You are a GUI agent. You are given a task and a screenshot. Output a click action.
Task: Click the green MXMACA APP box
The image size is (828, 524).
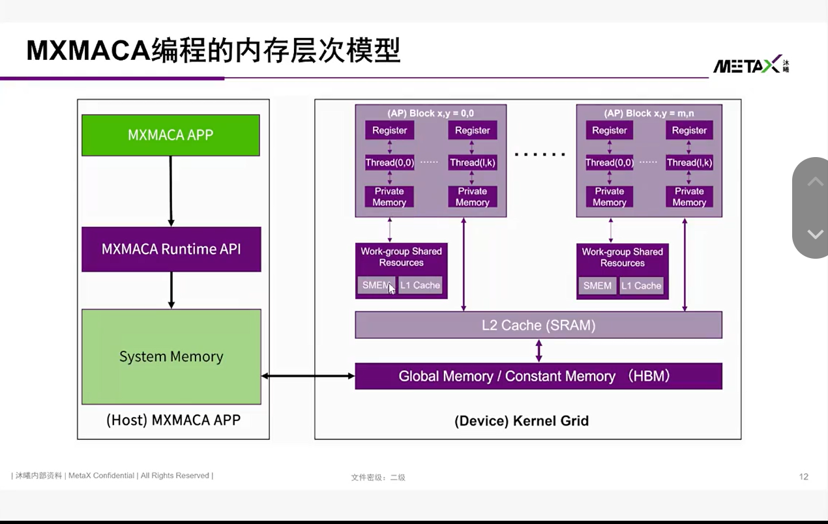click(x=171, y=136)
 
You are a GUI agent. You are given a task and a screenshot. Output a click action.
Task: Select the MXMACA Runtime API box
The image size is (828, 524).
click(x=171, y=250)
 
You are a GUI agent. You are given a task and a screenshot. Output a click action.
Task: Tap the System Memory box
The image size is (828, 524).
click(x=171, y=357)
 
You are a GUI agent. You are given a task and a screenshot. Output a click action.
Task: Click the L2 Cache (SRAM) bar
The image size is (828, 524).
click(x=539, y=325)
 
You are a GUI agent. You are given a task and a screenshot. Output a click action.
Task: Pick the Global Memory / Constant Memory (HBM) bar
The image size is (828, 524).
click(x=539, y=376)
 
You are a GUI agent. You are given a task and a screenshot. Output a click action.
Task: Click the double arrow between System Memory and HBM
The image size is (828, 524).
click(x=308, y=376)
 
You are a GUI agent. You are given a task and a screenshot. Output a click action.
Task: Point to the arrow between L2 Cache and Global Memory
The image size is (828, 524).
click(x=539, y=351)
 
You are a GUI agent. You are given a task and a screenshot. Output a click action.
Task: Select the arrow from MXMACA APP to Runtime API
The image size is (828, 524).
click(x=171, y=191)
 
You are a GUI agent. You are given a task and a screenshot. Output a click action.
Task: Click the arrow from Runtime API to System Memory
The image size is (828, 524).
click(x=171, y=291)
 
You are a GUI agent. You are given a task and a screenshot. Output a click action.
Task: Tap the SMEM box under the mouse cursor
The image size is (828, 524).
click(x=376, y=285)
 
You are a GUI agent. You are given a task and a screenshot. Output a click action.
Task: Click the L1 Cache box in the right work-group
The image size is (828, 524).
click(x=642, y=285)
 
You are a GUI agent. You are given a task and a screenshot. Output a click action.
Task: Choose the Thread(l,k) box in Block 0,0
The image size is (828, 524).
click(x=473, y=162)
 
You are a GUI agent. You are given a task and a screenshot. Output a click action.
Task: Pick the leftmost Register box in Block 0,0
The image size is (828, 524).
click(x=390, y=130)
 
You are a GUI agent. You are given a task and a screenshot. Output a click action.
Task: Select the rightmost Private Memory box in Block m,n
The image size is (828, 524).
click(x=689, y=197)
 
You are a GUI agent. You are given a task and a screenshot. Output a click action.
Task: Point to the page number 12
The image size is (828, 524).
click(x=804, y=476)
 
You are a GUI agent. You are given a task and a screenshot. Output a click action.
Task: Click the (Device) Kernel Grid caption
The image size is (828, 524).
click(x=522, y=421)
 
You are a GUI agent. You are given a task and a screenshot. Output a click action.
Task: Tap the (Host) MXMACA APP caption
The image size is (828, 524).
click(x=173, y=420)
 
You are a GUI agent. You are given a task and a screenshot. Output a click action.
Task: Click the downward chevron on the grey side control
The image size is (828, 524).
click(x=816, y=234)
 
